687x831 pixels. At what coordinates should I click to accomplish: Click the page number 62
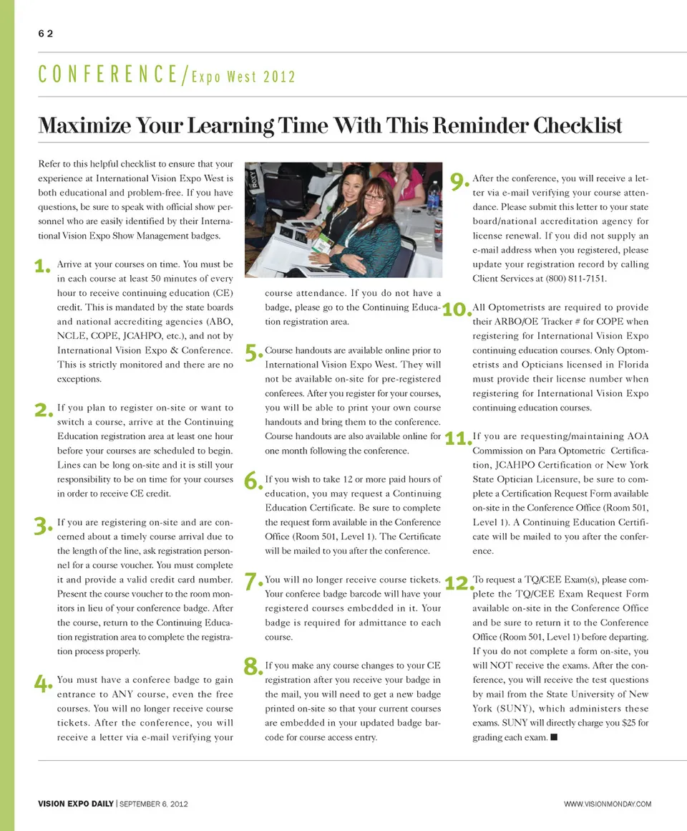[46, 34]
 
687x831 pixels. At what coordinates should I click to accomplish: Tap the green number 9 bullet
[459, 182]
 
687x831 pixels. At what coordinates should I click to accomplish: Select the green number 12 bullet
[457, 582]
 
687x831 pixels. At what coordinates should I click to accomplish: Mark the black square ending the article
[554, 737]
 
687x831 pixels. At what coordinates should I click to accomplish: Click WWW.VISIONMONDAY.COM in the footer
[608, 804]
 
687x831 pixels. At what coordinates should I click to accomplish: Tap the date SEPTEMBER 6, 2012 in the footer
[153, 804]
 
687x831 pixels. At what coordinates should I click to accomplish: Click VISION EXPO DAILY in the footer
[75, 804]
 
